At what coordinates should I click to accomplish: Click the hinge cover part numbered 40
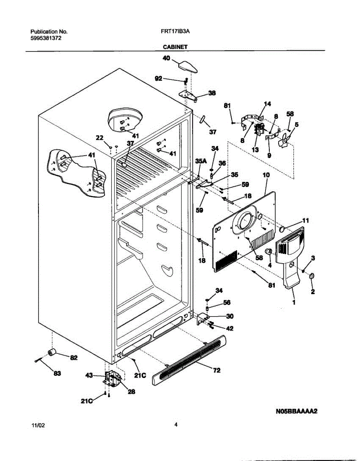point(188,66)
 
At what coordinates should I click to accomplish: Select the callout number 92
point(158,78)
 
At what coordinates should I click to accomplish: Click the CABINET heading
point(175,46)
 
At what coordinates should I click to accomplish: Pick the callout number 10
point(266,175)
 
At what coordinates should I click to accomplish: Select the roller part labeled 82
point(52,353)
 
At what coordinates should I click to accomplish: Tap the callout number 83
point(57,373)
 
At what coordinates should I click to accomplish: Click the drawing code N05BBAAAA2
point(296,411)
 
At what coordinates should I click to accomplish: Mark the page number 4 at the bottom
point(176,425)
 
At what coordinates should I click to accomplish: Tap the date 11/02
point(36,426)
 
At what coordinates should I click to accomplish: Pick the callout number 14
point(267,104)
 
